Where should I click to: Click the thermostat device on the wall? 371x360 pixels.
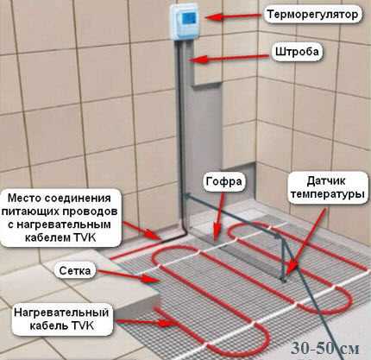click(186, 22)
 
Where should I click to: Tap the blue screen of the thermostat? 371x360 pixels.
click(188, 19)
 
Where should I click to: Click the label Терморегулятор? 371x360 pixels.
click(313, 15)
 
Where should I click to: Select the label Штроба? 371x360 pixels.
click(297, 52)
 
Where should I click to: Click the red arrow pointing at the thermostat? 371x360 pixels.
click(234, 16)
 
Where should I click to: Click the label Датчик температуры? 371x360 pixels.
click(328, 187)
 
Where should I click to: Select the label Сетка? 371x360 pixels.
click(75, 271)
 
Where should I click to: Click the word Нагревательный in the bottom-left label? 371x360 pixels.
click(61, 313)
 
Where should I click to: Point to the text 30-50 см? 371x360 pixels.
click(325, 349)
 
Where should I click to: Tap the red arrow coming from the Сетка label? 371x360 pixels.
click(129, 275)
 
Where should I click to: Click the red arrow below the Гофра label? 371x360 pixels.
click(219, 216)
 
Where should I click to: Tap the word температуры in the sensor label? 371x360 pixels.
click(328, 194)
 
